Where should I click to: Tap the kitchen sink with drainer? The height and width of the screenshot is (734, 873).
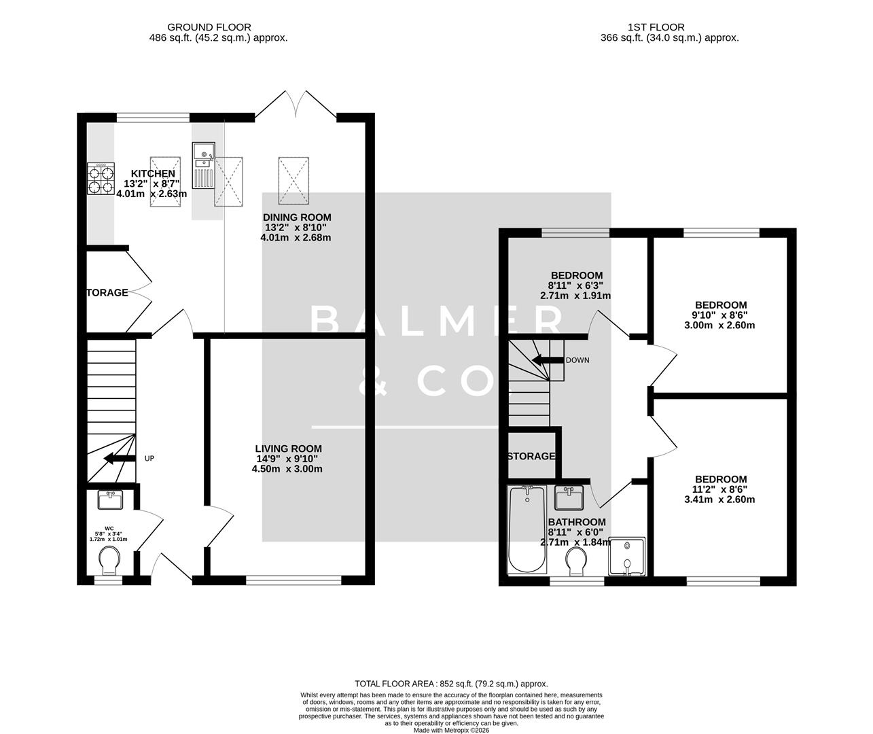click(203, 166)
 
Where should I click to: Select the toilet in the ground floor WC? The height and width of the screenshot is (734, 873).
click(109, 561)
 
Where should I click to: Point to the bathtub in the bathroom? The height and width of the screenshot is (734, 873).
click(527, 529)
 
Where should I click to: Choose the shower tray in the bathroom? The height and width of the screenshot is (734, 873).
click(628, 555)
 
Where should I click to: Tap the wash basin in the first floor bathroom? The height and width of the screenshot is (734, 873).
click(569, 498)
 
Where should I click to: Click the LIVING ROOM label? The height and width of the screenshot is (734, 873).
click(288, 449)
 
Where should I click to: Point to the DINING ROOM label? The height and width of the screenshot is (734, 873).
click(297, 217)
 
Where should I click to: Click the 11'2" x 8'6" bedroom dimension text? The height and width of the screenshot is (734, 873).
click(721, 489)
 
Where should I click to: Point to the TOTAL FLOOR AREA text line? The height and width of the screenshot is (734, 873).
click(451, 684)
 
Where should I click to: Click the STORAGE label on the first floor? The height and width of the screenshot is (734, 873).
click(531, 456)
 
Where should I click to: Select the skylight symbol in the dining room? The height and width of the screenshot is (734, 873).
click(293, 180)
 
